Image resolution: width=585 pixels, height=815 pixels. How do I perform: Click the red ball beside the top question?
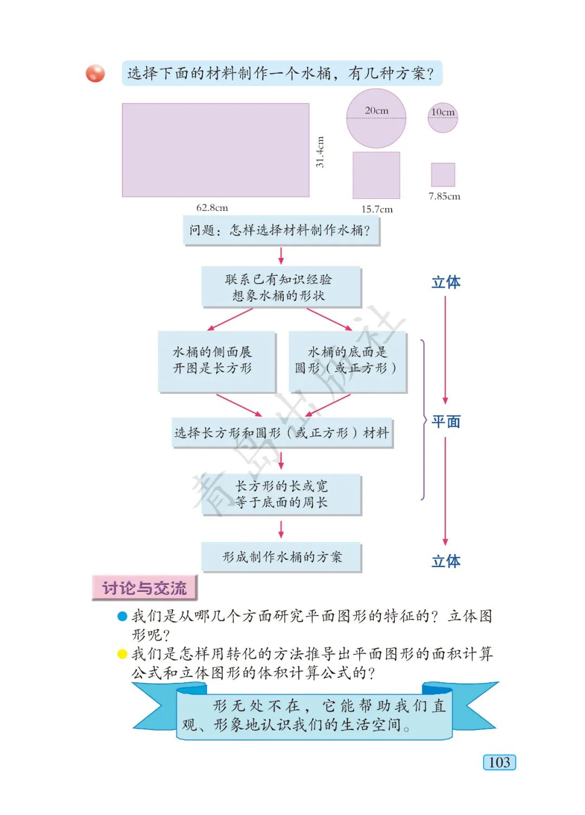95,73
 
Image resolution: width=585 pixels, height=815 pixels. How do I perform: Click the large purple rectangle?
216,150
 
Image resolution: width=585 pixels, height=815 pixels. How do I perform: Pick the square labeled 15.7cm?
376,175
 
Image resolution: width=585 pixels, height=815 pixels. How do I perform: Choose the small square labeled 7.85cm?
443,174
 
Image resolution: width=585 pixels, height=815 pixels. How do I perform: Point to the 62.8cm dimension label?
212,208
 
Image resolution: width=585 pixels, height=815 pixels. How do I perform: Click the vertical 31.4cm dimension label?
320,152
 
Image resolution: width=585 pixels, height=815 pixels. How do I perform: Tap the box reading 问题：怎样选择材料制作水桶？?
281,231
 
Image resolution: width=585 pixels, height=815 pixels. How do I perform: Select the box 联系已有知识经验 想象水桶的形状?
281,287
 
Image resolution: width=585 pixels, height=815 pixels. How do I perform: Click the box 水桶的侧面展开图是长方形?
216,361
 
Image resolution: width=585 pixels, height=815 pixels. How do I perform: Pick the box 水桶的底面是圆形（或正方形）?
347,361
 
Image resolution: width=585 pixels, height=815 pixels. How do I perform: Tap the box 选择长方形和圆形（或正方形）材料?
282,432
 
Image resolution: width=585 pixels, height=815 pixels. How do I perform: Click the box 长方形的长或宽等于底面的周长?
281,494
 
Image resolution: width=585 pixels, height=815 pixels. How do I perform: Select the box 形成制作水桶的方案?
281,557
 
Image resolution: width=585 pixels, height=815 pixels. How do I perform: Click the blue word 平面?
446,422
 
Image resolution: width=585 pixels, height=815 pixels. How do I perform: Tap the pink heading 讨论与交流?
144,588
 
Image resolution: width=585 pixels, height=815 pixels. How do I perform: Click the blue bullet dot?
122,616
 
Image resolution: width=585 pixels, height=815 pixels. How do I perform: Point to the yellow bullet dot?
122,654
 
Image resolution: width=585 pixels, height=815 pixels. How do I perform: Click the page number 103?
499,762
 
